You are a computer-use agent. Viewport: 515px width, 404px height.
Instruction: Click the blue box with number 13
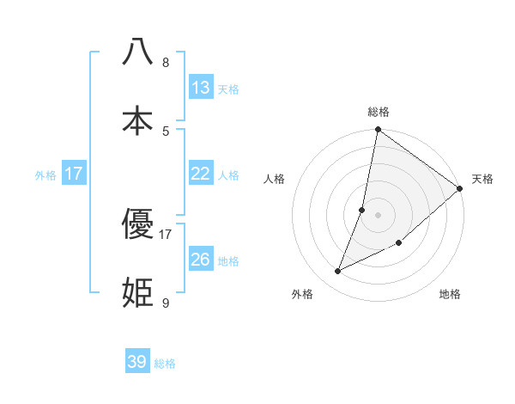click(x=200, y=87)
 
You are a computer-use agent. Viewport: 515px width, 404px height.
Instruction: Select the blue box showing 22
click(x=200, y=173)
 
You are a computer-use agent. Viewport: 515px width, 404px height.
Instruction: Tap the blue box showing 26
click(x=200, y=259)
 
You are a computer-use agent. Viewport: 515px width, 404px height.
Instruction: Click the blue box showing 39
click(x=137, y=362)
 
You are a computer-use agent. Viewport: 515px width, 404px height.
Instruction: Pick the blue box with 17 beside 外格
click(x=74, y=173)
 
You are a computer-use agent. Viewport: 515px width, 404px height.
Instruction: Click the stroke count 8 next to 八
click(x=166, y=63)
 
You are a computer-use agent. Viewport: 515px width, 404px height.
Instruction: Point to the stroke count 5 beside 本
click(x=166, y=132)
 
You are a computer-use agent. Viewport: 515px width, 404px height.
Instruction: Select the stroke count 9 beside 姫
click(x=166, y=303)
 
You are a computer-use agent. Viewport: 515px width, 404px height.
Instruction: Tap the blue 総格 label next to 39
click(x=165, y=364)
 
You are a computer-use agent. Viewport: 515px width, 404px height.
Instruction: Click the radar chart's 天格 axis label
click(x=482, y=179)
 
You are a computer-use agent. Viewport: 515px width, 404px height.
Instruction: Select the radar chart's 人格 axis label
click(x=274, y=179)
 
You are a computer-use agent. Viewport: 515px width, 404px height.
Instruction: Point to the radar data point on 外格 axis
click(x=337, y=272)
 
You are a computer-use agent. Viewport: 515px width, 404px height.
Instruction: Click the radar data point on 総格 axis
click(x=378, y=131)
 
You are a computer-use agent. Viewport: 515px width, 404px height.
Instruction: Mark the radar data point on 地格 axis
click(x=399, y=242)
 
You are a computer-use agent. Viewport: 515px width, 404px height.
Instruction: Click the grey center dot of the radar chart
click(x=378, y=214)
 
